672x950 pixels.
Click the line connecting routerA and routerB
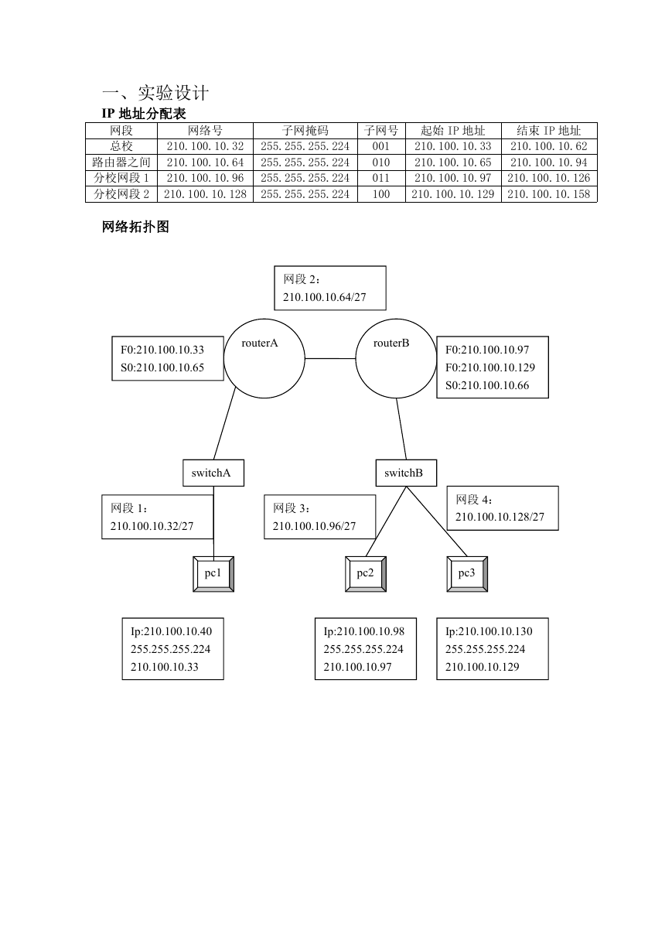330,359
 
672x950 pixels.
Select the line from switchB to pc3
437,521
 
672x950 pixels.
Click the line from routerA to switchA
224,423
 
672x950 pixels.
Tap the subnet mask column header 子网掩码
305,131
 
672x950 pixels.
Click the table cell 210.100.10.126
548,178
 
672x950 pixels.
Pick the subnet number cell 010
381,162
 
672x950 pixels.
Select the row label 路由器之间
121,162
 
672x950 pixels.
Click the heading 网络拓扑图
135,227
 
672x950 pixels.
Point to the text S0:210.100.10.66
487,385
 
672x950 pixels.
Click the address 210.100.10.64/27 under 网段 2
324,297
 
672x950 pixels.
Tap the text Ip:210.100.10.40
171,631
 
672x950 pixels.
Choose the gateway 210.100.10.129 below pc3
482,667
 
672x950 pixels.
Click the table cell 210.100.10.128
205,194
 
